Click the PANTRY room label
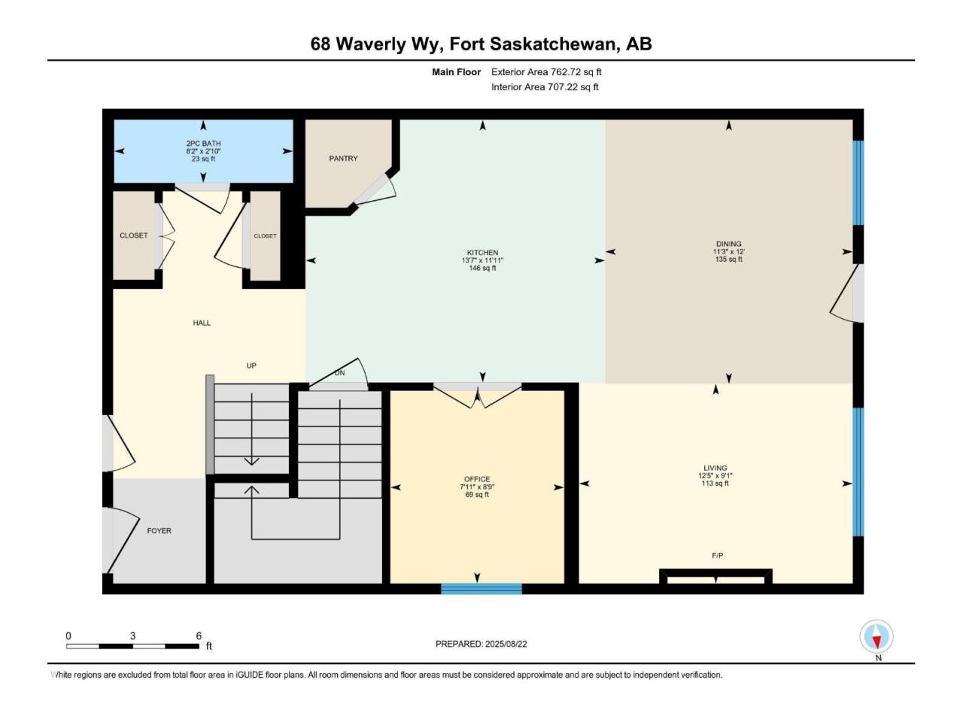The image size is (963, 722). tap(343, 158)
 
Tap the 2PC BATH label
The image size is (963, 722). tap(203, 144)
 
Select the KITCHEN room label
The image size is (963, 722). tap(482, 253)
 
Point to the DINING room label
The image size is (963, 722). tap(728, 244)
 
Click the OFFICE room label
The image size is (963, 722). tap(477, 479)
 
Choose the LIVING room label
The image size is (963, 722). tap(715, 468)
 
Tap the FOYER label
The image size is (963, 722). tap(159, 530)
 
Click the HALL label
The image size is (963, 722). tap(202, 323)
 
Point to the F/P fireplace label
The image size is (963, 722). tap(717, 556)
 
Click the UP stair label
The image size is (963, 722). tap(251, 366)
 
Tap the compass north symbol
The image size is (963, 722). tap(876, 636)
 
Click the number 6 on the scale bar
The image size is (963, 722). tap(199, 636)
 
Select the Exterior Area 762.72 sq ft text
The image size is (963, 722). tap(546, 72)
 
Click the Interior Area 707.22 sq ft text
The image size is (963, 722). tap(545, 86)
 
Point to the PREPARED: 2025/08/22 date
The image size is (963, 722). tap(481, 644)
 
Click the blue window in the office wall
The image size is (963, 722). tap(481, 588)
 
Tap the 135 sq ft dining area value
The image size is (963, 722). tap(728, 259)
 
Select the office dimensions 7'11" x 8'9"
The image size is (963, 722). tap(477, 487)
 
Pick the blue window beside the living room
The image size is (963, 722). tap(858, 472)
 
